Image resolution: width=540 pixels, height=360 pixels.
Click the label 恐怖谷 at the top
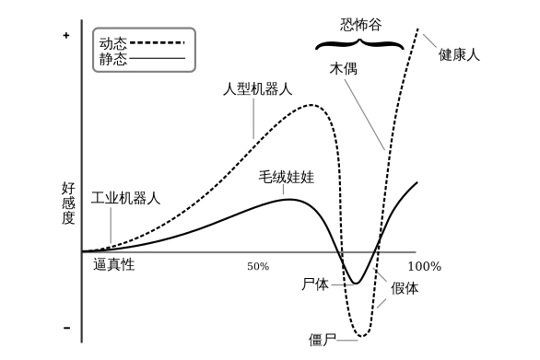coord(360,25)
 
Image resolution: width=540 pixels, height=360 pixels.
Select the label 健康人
coord(459,54)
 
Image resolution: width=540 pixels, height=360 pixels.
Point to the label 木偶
coord(344,68)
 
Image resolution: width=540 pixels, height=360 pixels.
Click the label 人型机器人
coord(258,88)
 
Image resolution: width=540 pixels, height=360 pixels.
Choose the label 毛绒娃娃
coord(287,177)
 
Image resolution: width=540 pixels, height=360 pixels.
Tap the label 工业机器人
coord(125,198)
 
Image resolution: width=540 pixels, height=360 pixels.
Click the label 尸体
coord(315,285)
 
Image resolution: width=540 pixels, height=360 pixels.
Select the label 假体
coord(405,288)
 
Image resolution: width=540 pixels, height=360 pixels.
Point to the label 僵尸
coord(323,340)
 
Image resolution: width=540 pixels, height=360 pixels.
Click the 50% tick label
coord(258,266)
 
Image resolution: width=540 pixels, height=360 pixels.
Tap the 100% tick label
coord(424,266)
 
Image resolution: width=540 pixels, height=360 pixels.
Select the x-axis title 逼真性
coord(113,264)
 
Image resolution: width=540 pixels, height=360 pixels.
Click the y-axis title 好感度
coord(68,203)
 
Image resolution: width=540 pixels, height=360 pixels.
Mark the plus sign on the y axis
coord(66,36)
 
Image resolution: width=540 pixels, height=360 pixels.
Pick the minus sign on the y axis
coord(67,328)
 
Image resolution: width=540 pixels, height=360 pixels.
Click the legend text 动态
coord(113,43)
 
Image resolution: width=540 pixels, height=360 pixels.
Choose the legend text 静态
coord(113,59)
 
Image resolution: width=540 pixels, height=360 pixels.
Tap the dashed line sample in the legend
coord(158,42)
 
